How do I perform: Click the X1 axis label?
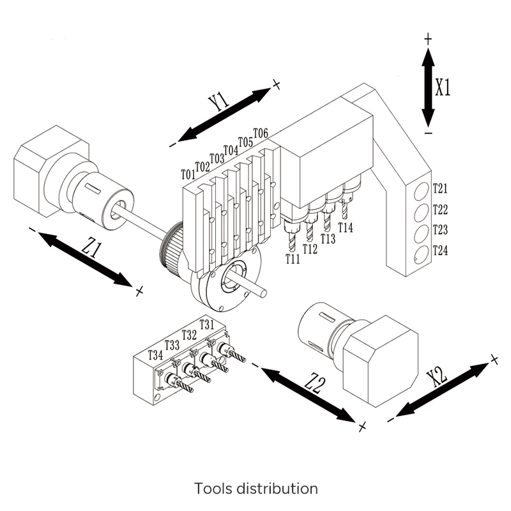(443, 87)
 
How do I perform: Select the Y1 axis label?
(219, 102)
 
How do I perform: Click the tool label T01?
(188, 174)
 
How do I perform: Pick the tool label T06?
(261, 133)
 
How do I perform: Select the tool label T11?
(293, 259)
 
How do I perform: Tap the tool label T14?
(346, 227)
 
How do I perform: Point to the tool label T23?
(440, 230)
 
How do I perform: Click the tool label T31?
(207, 324)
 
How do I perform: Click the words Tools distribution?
(256, 489)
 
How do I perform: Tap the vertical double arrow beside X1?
(428, 87)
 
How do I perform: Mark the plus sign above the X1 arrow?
(428, 39)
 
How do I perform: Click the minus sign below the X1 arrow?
(428, 133)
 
